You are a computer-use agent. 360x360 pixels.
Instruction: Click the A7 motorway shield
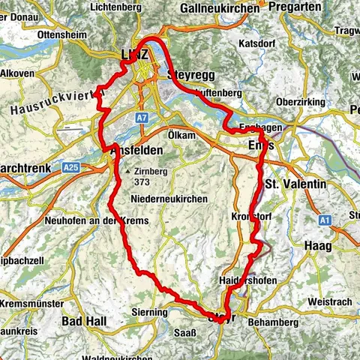[x=142, y=118]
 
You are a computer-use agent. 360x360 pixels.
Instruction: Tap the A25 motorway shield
[x=71, y=166]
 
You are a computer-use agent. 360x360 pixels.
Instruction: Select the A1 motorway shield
[x=325, y=220]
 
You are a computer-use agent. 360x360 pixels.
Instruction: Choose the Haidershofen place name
[x=250, y=280]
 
